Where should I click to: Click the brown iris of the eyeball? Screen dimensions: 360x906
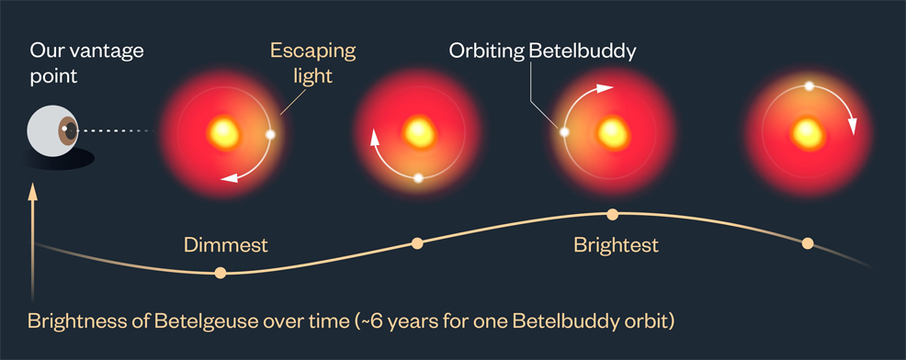68,131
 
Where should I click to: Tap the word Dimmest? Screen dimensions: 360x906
225,245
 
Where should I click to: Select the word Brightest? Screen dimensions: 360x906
616,245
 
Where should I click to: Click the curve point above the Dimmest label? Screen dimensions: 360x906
220,272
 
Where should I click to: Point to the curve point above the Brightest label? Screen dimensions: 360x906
613,214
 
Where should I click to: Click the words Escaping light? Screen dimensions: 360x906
312,62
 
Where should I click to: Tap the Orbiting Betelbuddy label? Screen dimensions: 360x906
542,51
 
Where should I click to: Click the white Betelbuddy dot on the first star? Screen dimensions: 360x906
270,134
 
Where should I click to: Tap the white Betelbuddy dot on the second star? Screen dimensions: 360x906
418,178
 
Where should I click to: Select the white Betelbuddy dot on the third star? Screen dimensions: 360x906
565,131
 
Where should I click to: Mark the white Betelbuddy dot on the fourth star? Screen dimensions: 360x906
809,85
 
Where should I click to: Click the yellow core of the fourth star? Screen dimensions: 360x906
808,130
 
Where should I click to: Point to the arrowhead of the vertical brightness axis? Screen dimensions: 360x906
33,191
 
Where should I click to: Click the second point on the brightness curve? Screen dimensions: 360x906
417,243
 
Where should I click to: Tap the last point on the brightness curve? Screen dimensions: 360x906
808,243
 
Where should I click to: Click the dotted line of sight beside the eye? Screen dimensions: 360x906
116,131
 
